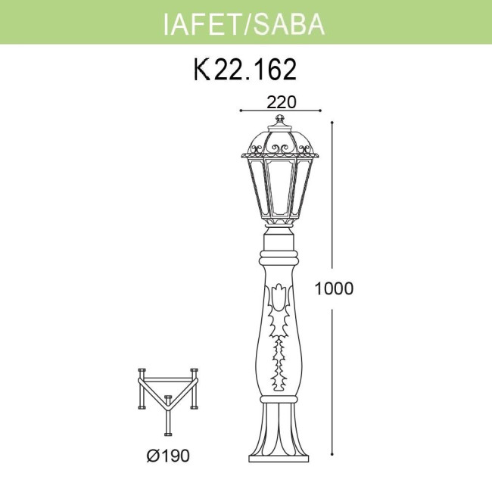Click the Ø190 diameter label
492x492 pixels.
pyautogui.click(x=169, y=456)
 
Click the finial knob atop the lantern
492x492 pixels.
pyautogui.click(x=280, y=120)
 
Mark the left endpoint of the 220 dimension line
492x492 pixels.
pyautogui.click(x=240, y=110)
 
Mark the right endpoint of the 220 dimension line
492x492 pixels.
pyautogui.click(x=321, y=110)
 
